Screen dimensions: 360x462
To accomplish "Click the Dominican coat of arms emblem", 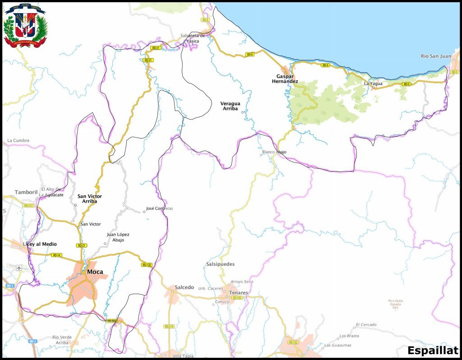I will pos(25,25).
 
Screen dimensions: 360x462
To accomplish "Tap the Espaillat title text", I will pos(433,351).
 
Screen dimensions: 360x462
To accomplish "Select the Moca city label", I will pos(95,272).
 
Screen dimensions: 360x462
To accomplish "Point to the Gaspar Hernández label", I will pos(285,79).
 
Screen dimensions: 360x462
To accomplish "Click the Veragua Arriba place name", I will pos(230,106).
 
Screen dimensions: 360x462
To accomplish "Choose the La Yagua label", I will pos(373,84).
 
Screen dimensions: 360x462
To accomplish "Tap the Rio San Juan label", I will pos(435,56).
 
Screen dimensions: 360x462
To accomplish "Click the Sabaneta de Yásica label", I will pos(193,38).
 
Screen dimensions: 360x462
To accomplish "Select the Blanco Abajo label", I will pos(274,152).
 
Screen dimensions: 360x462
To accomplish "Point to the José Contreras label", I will pos(160,209).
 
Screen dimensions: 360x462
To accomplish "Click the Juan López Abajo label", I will pos(118,237).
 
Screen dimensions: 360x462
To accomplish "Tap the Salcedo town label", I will pos(184,287).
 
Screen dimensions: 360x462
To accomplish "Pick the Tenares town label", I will pos(238,293).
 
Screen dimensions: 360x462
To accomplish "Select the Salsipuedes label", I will pos(220,264).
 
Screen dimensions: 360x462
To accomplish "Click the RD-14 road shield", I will pos(56,255).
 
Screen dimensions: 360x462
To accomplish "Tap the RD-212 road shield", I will pos(28,206).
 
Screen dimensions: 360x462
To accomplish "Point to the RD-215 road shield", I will pos(169,326).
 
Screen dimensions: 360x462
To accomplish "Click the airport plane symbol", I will pos(19,268).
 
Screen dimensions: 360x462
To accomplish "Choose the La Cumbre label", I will pos(18,141).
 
